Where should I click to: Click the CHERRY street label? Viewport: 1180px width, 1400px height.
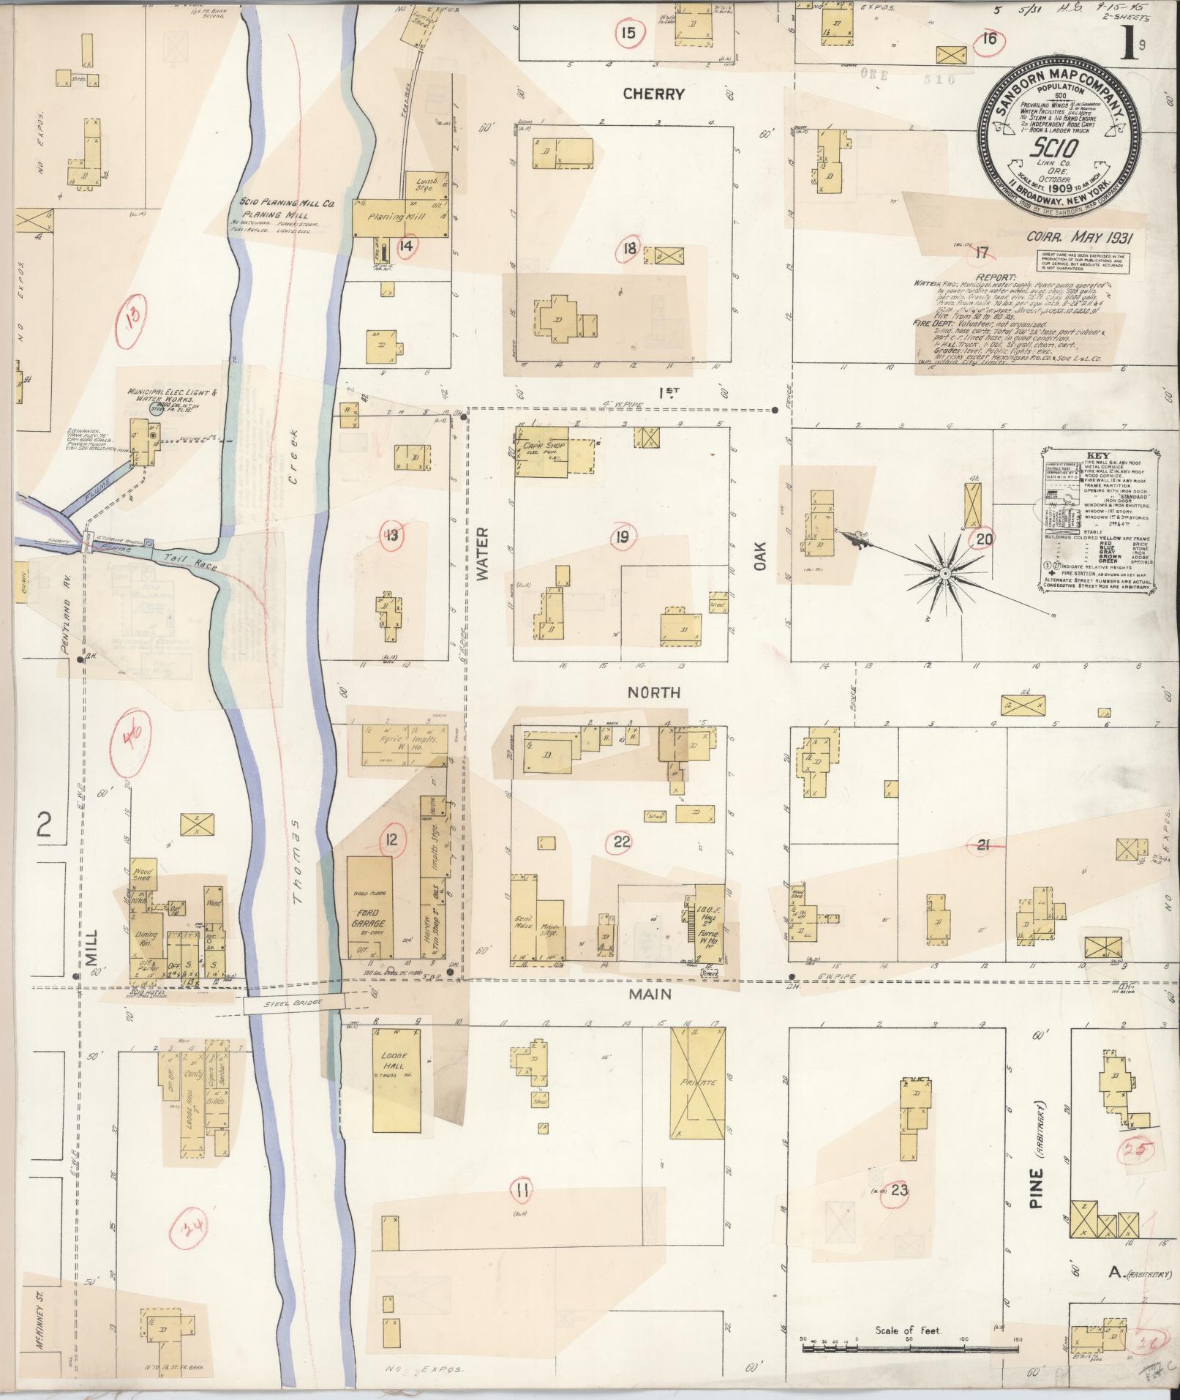click(653, 94)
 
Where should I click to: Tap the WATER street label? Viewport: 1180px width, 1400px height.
click(481, 554)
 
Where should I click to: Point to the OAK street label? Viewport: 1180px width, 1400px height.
click(759, 555)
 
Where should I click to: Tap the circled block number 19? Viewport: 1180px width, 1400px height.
click(622, 539)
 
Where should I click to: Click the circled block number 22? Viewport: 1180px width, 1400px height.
click(621, 842)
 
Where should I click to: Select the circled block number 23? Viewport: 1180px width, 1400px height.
click(899, 1190)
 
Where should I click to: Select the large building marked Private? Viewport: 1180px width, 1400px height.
click(698, 1082)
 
